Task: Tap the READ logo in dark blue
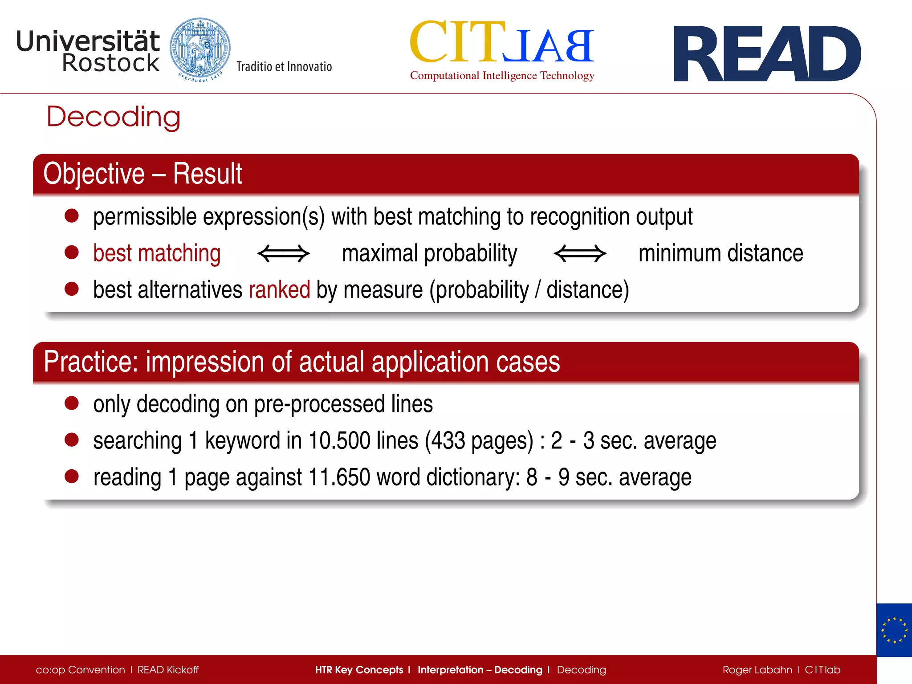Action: [x=767, y=54]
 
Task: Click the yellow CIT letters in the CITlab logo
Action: [x=457, y=42]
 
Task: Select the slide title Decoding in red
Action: [x=114, y=117]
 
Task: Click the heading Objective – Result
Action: [x=142, y=174]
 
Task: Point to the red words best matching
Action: [x=157, y=253]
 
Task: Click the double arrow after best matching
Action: [x=283, y=253]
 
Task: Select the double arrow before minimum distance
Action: [x=580, y=253]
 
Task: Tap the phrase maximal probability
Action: [x=429, y=253]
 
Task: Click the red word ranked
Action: [x=279, y=290]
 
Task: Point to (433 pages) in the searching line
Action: [x=479, y=441]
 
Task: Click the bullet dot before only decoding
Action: [x=72, y=403]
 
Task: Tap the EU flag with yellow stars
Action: [x=894, y=630]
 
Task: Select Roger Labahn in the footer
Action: [x=757, y=670]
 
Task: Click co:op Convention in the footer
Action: [x=80, y=670]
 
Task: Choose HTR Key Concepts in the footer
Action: [x=358, y=670]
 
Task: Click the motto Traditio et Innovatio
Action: [x=284, y=67]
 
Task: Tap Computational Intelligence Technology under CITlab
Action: [x=502, y=76]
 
